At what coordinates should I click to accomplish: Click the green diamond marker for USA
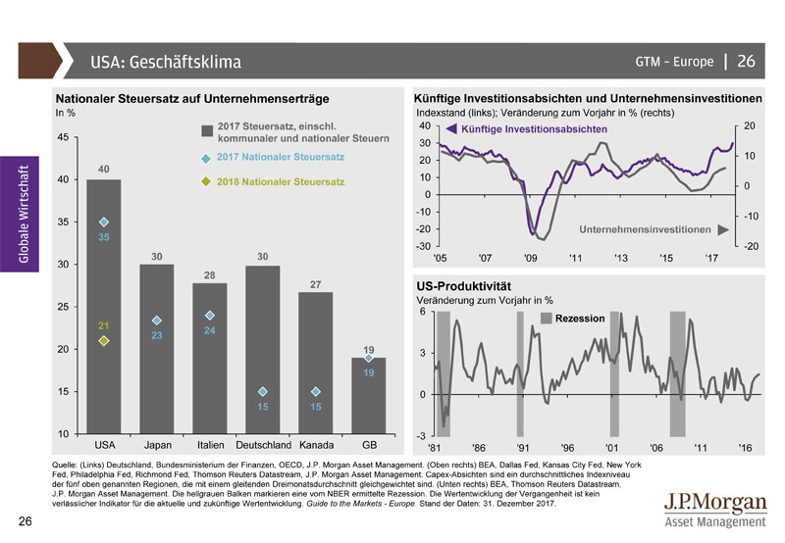(x=103, y=341)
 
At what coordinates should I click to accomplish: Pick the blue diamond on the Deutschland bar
(x=263, y=392)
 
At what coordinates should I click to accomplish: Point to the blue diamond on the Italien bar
(x=210, y=316)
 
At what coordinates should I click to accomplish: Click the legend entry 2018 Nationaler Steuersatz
(x=281, y=182)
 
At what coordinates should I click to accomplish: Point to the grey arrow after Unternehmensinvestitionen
(x=723, y=229)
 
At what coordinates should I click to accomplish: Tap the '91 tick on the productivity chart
(x=523, y=447)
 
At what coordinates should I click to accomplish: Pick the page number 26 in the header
(x=746, y=62)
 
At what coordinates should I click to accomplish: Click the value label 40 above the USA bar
(x=103, y=171)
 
